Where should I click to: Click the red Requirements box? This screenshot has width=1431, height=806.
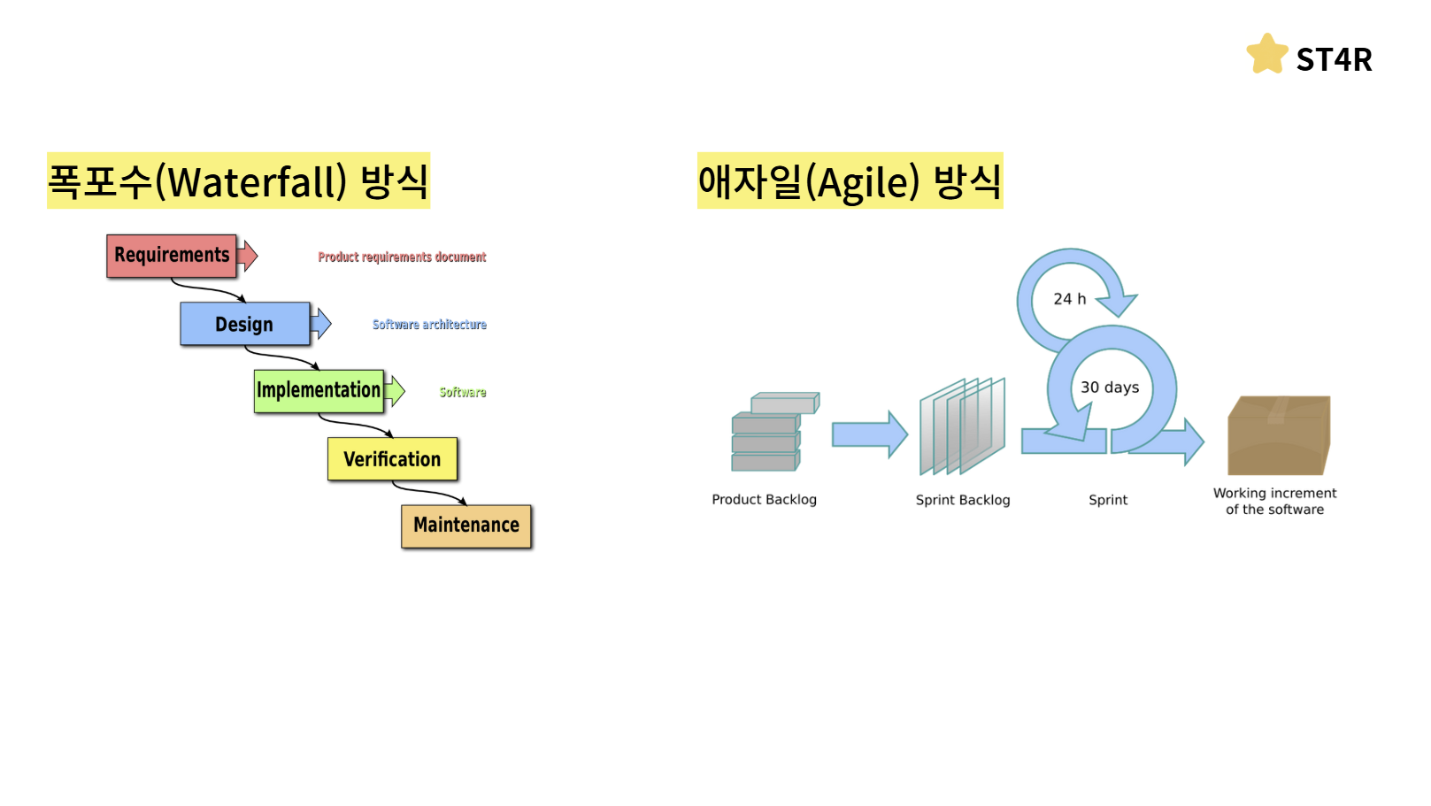pyautogui.click(x=172, y=256)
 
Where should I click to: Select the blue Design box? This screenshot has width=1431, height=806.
pyautogui.click(x=245, y=324)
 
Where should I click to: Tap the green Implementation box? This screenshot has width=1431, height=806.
pyautogui.click(x=319, y=391)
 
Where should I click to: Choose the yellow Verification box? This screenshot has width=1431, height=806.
pyautogui.click(x=392, y=459)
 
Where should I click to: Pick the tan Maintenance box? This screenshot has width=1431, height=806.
pyautogui.click(x=466, y=526)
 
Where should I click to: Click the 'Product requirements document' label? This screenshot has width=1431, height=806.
pyautogui.click(x=402, y=257)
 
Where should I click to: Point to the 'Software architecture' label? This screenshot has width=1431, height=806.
pyautogui.click(x=429, y=325)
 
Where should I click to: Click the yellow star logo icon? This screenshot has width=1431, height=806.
pyautogui.click(x=1267, y=55)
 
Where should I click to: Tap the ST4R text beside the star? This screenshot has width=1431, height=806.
pyautogui.click(x=1334, y=60)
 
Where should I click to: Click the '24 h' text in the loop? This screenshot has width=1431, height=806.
pyautogui.click(x=1069, y=299)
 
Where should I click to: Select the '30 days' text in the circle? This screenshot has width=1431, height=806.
pyautogui.click(x=1110, y=388)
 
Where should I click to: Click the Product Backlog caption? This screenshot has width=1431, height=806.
pyautogui.click(x=764, y=500)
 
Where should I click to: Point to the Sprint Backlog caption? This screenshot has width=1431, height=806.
pyautogui.click(x=963, y=500)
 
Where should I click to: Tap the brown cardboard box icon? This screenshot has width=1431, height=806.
pyautogui.click(x=1279, y=435)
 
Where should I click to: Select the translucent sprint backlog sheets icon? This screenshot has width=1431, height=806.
pyautogui.click(x=963, y=426)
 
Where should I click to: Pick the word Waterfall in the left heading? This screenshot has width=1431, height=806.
pyautogui.click(x=257, y=183)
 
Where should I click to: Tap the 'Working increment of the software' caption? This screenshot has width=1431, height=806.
pyautogui.click(x=1274, y=502)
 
